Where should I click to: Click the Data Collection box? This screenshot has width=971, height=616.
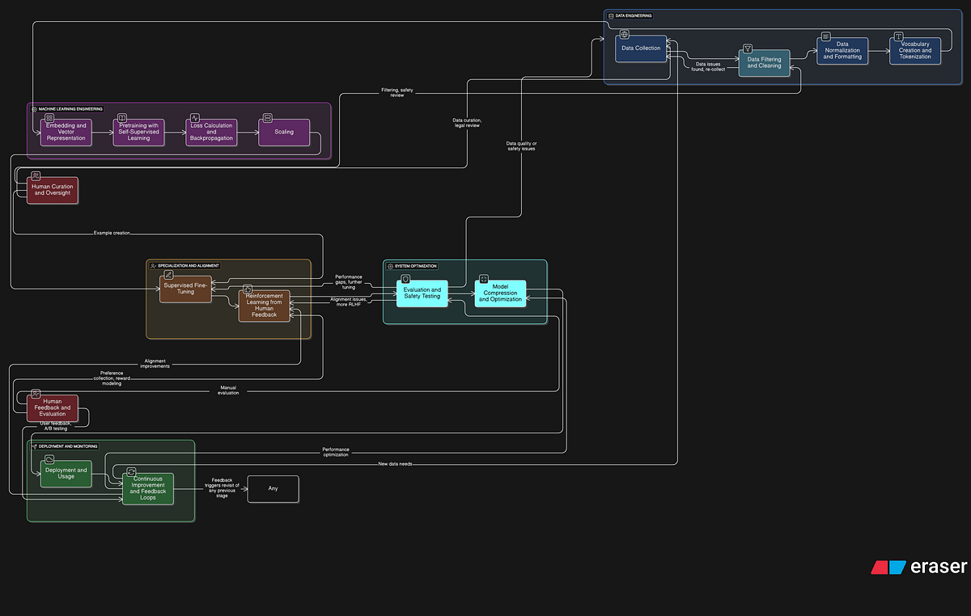coord(641,49)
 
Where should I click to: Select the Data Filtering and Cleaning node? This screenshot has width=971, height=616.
coord(764,63)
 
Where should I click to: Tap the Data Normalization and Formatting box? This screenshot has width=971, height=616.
coord(842,51)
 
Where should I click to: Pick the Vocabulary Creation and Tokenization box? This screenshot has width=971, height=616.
coord(915,51)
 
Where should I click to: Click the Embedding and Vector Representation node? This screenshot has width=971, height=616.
coord(66,132)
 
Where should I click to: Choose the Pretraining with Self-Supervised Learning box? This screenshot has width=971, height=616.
coord(138,132)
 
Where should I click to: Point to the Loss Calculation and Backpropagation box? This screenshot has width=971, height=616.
coord(211,132)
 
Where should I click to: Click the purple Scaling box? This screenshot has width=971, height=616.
coord(283,132)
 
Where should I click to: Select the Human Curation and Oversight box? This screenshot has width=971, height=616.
coord(52,190)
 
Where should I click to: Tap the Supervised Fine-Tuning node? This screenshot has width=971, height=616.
coord(185,289)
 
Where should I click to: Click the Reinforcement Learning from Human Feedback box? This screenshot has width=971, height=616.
coord(264,306)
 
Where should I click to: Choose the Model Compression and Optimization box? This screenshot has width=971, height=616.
coord(500,293)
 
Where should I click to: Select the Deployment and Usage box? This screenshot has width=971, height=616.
coord(66,474)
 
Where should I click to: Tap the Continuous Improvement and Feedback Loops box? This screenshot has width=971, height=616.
coord(147,488)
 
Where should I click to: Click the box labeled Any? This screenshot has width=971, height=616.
coord(273,488)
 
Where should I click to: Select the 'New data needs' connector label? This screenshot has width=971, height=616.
coord(395,464)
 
